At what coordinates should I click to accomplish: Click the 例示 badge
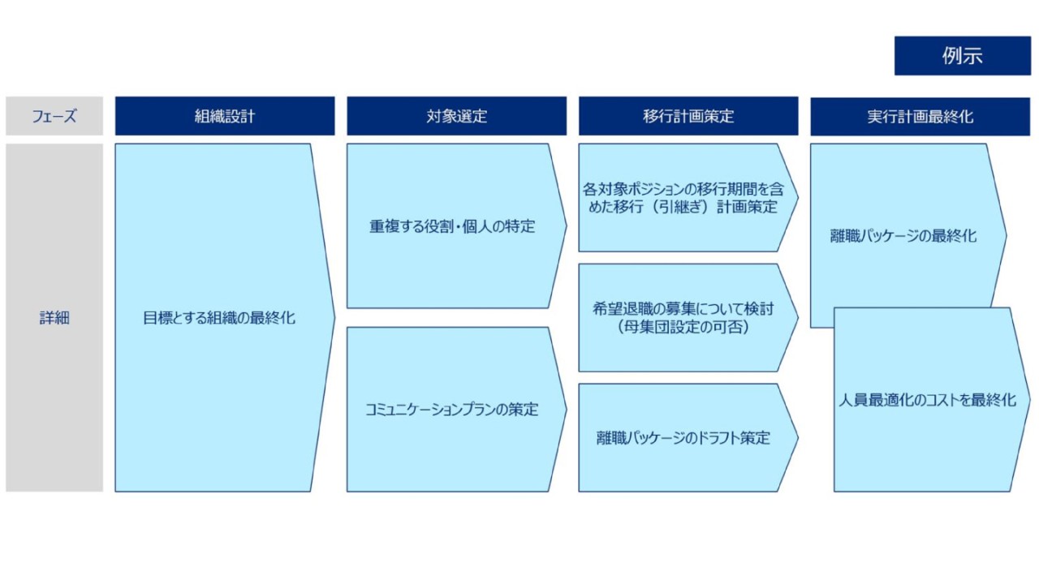click(x=963, y=56)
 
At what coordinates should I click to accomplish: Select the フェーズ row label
click(x=54, y=116)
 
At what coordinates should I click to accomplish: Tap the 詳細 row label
click(x=54, y=317)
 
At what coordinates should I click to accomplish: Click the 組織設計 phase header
click(x=225, y=116)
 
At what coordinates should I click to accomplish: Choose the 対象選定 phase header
click(x=457, y=116)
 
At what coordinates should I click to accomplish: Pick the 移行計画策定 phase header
click(x=689, y=116)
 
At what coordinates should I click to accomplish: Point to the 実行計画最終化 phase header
click(x=920, y=116)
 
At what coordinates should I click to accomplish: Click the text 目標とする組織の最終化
click(x=219, y=318)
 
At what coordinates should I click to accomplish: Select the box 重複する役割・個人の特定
click(x=457, y=225)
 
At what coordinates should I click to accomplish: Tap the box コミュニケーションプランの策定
click(x=457, y=410)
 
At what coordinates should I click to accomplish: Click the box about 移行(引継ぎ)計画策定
click(x=689, y=197)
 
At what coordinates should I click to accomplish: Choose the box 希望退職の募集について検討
click(x=689, y=317)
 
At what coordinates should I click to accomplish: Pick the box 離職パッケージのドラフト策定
click(x=689, y=437)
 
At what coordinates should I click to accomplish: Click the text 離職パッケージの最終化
click(x=903, y=236)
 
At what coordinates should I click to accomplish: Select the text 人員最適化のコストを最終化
click(x=928, y=400)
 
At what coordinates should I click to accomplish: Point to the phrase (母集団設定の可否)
click(x=683, y=327)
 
